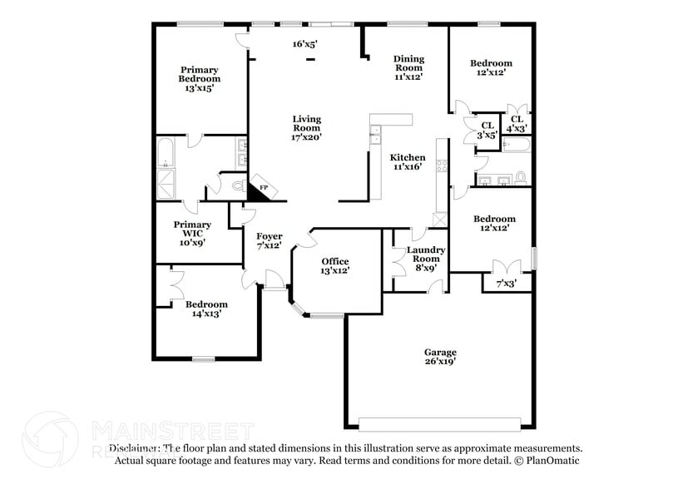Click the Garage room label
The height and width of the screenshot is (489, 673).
(x=439, y=357)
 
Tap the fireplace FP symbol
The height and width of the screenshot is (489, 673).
(x=261, y=189)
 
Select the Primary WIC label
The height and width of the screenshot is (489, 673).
(x=191, y=234)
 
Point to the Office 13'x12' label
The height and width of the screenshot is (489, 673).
(x=334, y=266)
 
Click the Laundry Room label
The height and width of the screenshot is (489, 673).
(x=425, y=259)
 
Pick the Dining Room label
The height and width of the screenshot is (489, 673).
(x=408, y=67)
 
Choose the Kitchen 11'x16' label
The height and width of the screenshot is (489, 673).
(x=408, y=162)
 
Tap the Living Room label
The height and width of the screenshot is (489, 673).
(x=306, y=128)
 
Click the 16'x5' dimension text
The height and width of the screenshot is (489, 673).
(x=305, y=44)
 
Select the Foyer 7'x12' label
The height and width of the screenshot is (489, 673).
(x=269, y=240)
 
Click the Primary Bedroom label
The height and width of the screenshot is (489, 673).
(x=200, y=79)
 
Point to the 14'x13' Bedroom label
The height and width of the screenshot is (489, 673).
(x=206, y=309)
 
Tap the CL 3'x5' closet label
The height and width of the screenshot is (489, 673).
(x=487, y=130)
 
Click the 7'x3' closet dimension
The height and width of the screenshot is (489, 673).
(x=506, y=284)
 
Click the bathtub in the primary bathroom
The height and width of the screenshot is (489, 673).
(x=165, y=152)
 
